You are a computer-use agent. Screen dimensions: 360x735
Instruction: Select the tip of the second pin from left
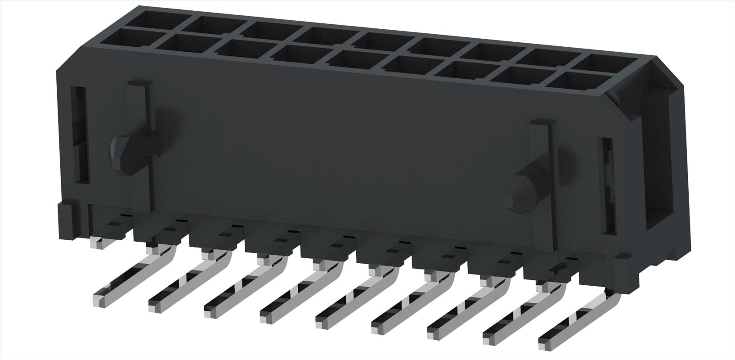coord(154,306)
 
